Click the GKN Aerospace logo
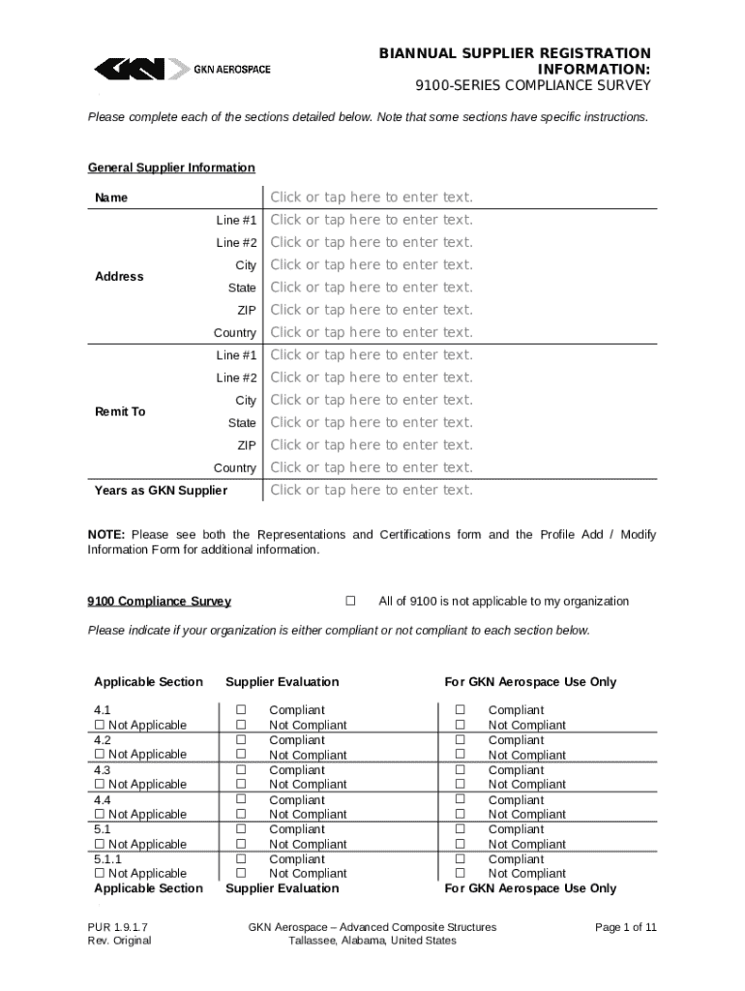pos(182,69)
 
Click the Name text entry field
pos(372,197)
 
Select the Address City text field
pos(372,265)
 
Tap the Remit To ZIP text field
pos(372,445)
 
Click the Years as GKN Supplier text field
pos(372,490)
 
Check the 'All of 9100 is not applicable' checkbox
pos(350,601)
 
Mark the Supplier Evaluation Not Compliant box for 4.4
pos(242,815)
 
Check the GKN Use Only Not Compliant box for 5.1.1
pos(461,874)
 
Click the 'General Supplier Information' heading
pos(171,167)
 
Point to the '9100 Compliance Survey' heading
pos(159,601)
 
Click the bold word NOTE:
pos(106,535)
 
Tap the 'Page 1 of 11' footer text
pos(626,927)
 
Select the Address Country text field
pos(372,333)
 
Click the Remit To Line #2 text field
pos(372,377)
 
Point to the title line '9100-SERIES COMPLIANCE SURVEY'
pos(533,86)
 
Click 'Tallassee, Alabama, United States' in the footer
pos(372,941)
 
